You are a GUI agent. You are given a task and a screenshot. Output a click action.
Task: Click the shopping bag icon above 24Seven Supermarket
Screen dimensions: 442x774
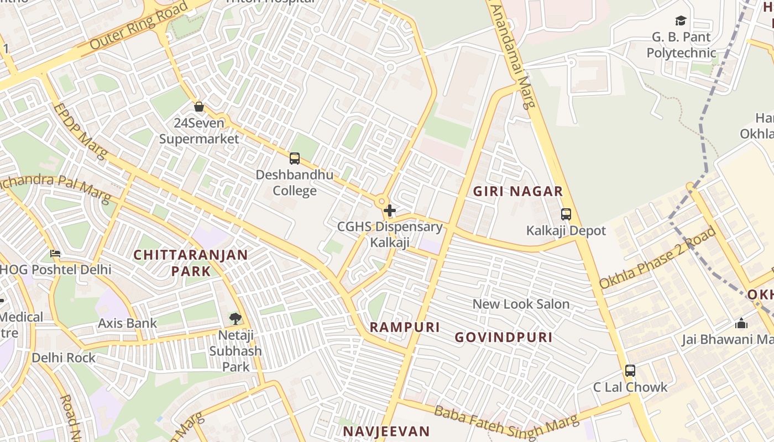[199, 107]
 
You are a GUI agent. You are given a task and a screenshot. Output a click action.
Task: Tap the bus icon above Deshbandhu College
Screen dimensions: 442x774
[295, 159]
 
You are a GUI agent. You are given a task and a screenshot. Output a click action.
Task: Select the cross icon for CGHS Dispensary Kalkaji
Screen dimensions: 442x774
[390, 211]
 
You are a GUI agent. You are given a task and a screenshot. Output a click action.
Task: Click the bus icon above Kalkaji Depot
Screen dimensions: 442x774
[566, 214]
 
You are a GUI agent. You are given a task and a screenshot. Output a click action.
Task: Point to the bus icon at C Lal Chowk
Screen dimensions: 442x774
[630, 371]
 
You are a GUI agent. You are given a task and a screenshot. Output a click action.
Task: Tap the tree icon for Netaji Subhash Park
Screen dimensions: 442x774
[236, 318]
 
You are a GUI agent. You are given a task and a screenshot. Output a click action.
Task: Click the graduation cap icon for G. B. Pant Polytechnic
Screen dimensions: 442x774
[681, 21]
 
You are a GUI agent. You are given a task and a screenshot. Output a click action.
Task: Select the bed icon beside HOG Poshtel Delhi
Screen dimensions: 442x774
[55, 254]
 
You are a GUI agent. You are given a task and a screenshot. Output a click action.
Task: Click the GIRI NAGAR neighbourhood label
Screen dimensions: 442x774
[518, 192]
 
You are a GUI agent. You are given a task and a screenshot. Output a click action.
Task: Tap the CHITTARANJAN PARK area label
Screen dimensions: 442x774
[191, 263]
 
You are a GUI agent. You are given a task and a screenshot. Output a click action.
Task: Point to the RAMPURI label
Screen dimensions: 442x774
[405, 327]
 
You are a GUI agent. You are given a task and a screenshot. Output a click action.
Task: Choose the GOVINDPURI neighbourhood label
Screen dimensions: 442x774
[504, 338]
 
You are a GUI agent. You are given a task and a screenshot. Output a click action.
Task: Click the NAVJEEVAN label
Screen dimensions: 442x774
[386, 432]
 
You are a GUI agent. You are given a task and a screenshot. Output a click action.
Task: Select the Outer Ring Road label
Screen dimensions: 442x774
[131, 28]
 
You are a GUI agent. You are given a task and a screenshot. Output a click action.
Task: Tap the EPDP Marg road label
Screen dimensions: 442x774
[81, 131]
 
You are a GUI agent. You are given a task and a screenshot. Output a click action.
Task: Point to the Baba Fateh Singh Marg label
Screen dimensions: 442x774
[505, 424]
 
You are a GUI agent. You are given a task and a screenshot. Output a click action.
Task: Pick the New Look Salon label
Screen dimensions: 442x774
[521, 304]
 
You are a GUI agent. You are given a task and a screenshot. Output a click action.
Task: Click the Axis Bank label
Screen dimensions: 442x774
[128, 323]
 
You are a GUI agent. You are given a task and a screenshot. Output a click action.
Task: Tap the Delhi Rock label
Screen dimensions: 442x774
[64, 357]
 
